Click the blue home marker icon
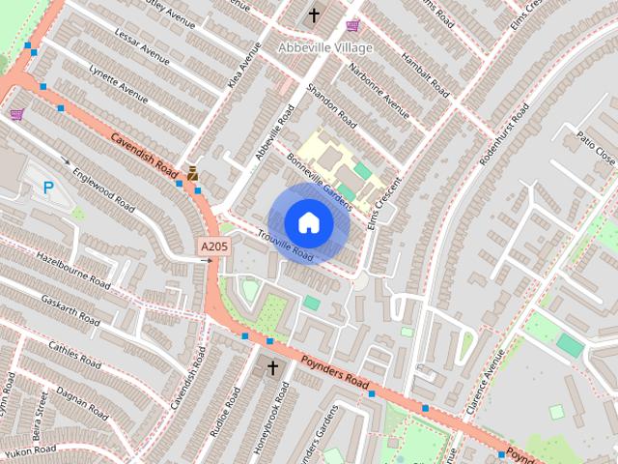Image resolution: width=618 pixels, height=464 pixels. (308, 222)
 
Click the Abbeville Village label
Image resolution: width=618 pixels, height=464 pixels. (323, 45)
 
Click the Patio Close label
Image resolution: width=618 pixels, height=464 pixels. (595, 146)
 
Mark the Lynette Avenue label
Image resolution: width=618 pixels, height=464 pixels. (118, 85)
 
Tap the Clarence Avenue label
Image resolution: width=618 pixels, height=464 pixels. (487, 386)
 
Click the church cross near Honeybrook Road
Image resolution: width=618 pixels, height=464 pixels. (272, 368)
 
